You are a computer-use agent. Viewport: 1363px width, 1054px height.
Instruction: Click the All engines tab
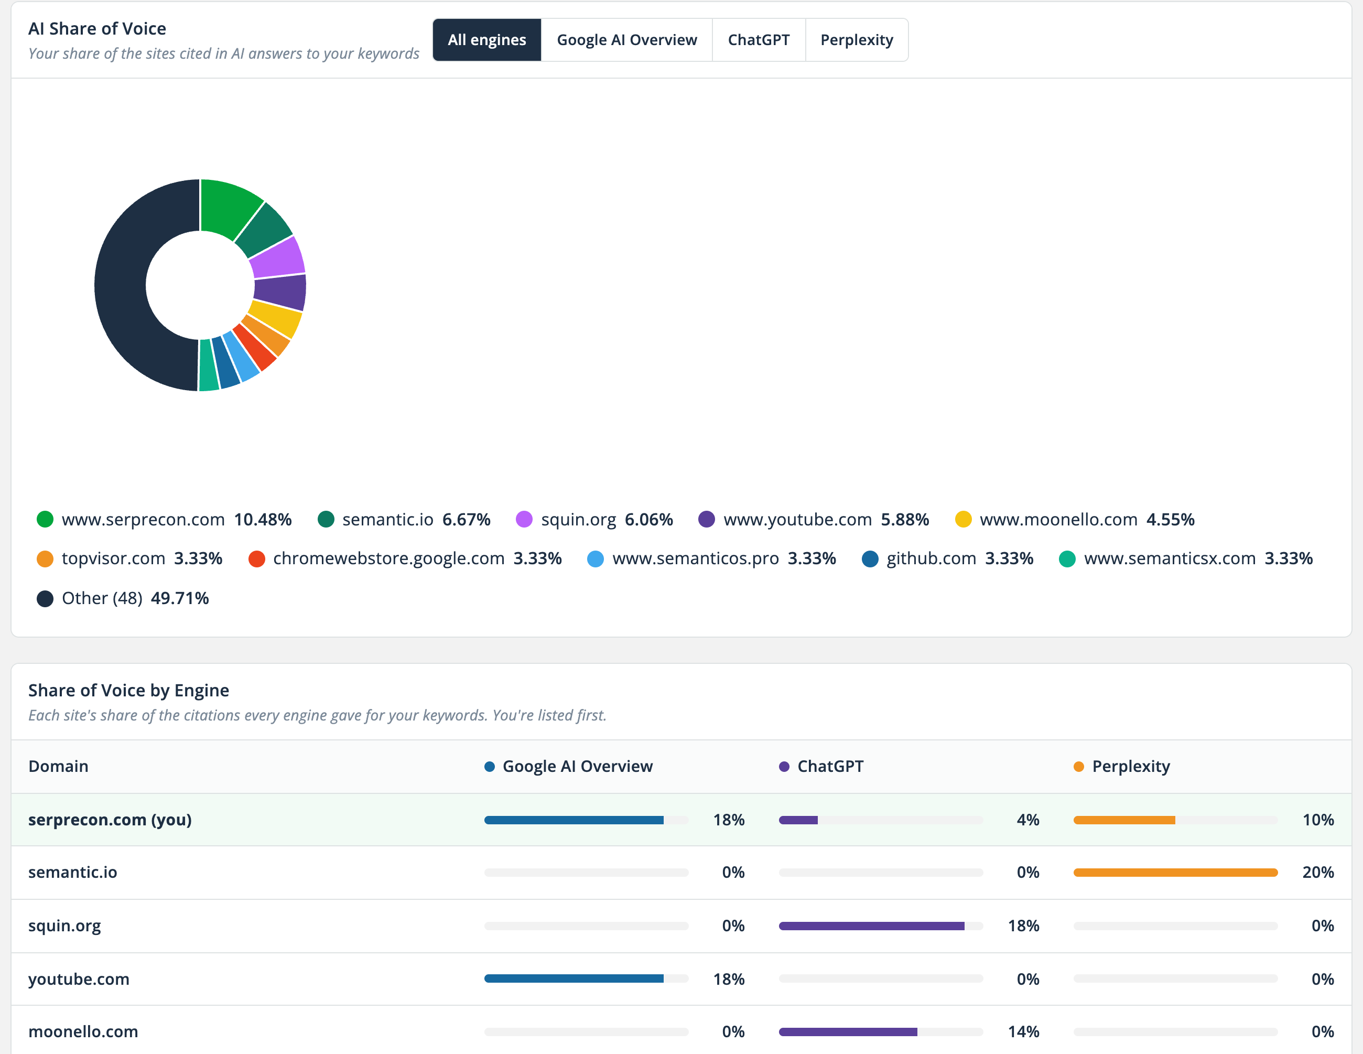[x=487, y=40]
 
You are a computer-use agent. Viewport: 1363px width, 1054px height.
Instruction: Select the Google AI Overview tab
[x=626, y=40]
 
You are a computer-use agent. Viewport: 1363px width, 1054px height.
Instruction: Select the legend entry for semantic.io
[x=404, y=520]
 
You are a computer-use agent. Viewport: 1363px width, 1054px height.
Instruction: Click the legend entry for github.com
[x=947, y=558]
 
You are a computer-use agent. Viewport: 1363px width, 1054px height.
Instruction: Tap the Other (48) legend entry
[x=123, y=598]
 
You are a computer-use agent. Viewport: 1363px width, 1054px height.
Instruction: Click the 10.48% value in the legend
[x=263, y=520]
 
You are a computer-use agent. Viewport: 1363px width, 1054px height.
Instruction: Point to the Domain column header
[x=59, y=766]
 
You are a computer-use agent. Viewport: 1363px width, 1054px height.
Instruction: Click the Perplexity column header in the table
[x=1122, y=766]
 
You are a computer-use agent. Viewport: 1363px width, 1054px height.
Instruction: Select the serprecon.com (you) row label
[x=110, y=820]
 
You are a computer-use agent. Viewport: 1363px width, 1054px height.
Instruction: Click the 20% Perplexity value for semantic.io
[x=1318, y=872]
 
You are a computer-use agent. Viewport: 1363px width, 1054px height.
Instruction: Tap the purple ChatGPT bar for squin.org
[x=871, y=926]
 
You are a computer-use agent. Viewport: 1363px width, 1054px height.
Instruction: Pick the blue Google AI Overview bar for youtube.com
[x=574, y=978]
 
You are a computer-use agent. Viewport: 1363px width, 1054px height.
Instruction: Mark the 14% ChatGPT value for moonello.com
[x=1023, y=1031]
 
